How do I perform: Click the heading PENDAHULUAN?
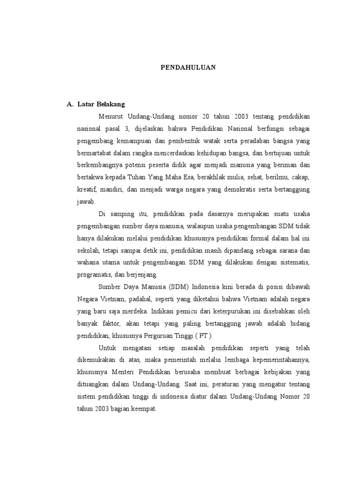pos(188,67)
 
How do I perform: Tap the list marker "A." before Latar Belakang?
pos(71,104)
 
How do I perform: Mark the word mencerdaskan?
pos(180,153)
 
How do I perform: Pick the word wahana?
pos(90,262)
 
